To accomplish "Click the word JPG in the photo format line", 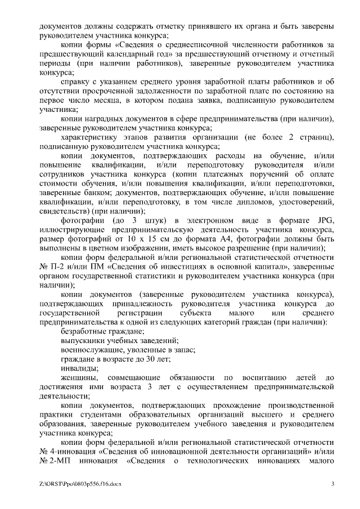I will (x=323, y=219).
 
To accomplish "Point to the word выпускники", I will (x=80, y=341).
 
